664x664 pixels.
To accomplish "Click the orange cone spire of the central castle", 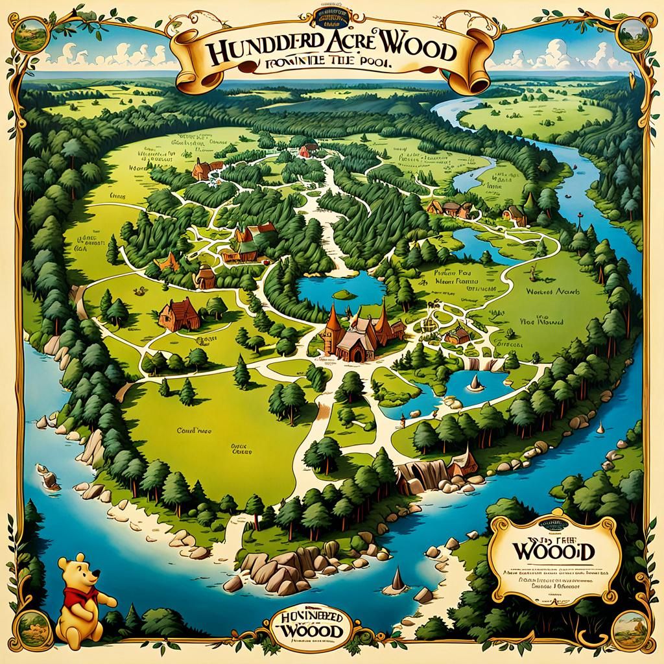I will point(333,320).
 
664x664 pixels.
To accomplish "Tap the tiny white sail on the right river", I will point(600,427).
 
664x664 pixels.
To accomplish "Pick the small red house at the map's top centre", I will point(307,150).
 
